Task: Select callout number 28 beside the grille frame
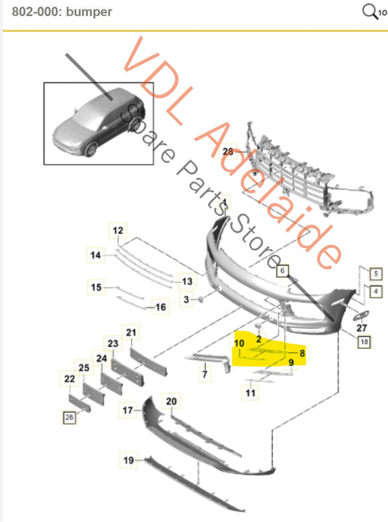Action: [227, 152]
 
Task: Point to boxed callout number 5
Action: [376, 275]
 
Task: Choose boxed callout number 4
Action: [376, 292]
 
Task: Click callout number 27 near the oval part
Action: [363, 328]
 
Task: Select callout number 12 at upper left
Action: [117, 231]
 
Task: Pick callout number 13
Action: [187, 281]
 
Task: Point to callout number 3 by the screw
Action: [186, 300]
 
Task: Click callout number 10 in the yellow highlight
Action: [239, 342]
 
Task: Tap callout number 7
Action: [205, 375]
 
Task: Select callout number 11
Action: [250, 393]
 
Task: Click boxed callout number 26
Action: [70, 417]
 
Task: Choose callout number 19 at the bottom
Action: [128, 459]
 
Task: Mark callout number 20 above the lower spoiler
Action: [171, 401]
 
